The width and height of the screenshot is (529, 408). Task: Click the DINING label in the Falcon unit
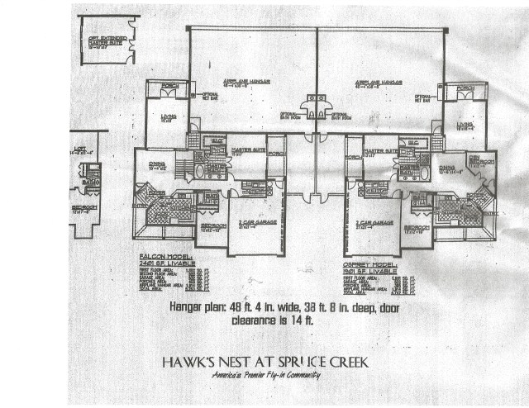click(x=156, y=164)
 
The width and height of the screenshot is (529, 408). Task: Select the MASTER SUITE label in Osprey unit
click(x=379, y=149)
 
